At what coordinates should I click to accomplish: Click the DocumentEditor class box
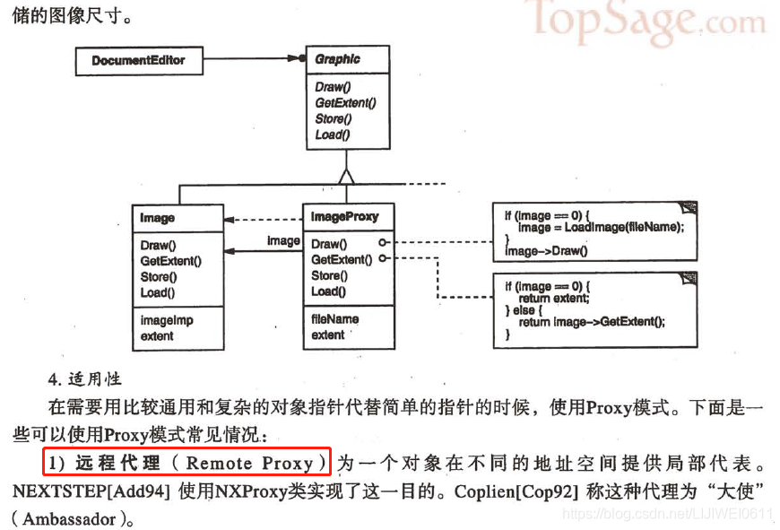138,61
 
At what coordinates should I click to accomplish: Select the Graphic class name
337,59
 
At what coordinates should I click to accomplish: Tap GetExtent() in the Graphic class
345,102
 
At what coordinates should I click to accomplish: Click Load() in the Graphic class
332,135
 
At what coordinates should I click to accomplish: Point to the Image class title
158,217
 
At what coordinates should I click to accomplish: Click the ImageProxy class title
344,216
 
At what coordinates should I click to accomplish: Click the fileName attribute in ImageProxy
334,318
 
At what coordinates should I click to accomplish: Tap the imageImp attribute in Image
167,320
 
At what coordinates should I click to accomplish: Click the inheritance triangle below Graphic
347,173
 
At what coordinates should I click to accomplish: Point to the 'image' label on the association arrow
283,240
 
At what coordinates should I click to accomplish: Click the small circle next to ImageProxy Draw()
383,243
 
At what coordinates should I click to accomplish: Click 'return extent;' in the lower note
554,298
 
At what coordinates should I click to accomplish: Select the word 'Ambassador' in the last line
69,519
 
